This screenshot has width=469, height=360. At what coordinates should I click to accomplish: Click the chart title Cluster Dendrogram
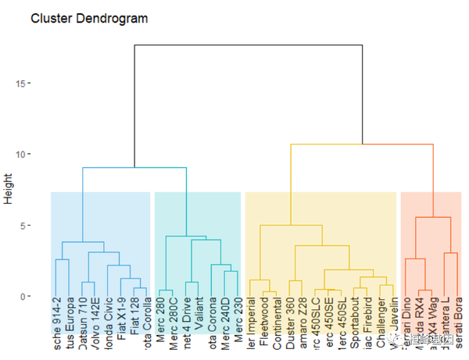(88, 17)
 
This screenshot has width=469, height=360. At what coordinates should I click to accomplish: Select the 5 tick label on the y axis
(24, 226)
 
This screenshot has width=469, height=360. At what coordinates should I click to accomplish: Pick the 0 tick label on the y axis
(24, 297)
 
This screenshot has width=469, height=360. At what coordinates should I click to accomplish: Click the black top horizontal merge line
(249, 45)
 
